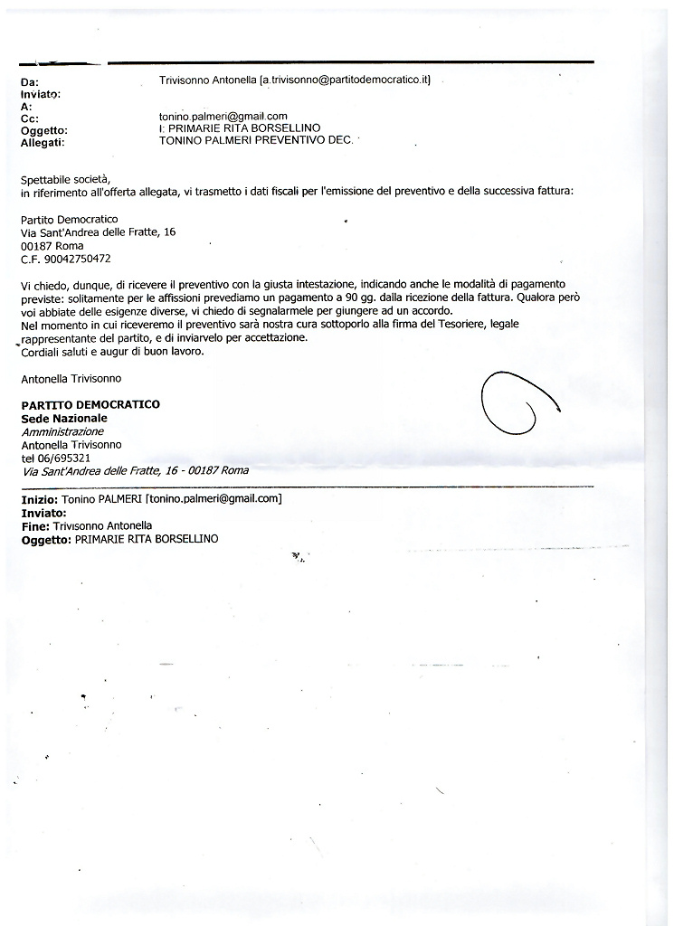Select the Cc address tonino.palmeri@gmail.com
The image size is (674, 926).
click(x=223, y=117)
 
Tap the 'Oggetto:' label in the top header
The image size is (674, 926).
click(x=43, y=129)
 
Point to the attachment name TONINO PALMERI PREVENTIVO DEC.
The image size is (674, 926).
click(x=255, y=141)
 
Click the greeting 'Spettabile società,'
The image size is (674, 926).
click(x=70, y=177)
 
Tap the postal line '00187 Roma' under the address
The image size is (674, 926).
click(x=52, y=245)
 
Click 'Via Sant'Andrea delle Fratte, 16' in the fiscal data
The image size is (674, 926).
click(x=98, y=232)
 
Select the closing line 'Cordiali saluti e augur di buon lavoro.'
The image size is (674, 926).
click(x=112, y=352)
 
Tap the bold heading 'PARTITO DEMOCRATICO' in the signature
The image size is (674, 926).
click(x=90, y=404)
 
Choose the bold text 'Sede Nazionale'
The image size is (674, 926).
click(x=64, y=418)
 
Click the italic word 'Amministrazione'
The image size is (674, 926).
click(x=62, y=431)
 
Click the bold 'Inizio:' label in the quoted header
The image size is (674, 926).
click(x=40, y=499)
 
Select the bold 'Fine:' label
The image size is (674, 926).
click(x=34, y=525)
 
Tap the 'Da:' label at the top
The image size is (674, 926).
click(x=29, y=82)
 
